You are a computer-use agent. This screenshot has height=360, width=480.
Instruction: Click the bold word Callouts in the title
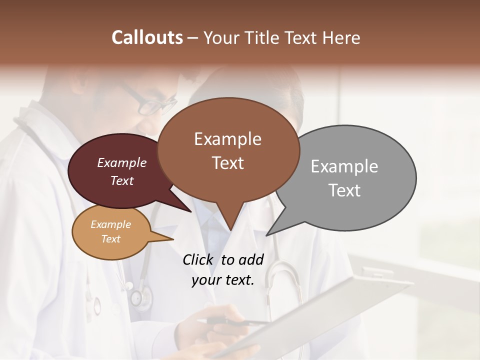[x=147, y=37]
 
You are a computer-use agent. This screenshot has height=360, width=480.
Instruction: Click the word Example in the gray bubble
[x=344, y=166]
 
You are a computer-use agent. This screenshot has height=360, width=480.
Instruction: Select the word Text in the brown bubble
[x=228, y=163]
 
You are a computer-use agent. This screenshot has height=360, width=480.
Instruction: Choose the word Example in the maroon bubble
[x=121, y=162]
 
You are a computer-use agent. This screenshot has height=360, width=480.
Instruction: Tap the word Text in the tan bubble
[x=110, y=239]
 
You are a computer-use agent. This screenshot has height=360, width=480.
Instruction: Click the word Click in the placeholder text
[x=199, y=259]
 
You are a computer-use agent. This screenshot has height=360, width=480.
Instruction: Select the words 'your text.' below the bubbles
[x=222, y=280]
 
